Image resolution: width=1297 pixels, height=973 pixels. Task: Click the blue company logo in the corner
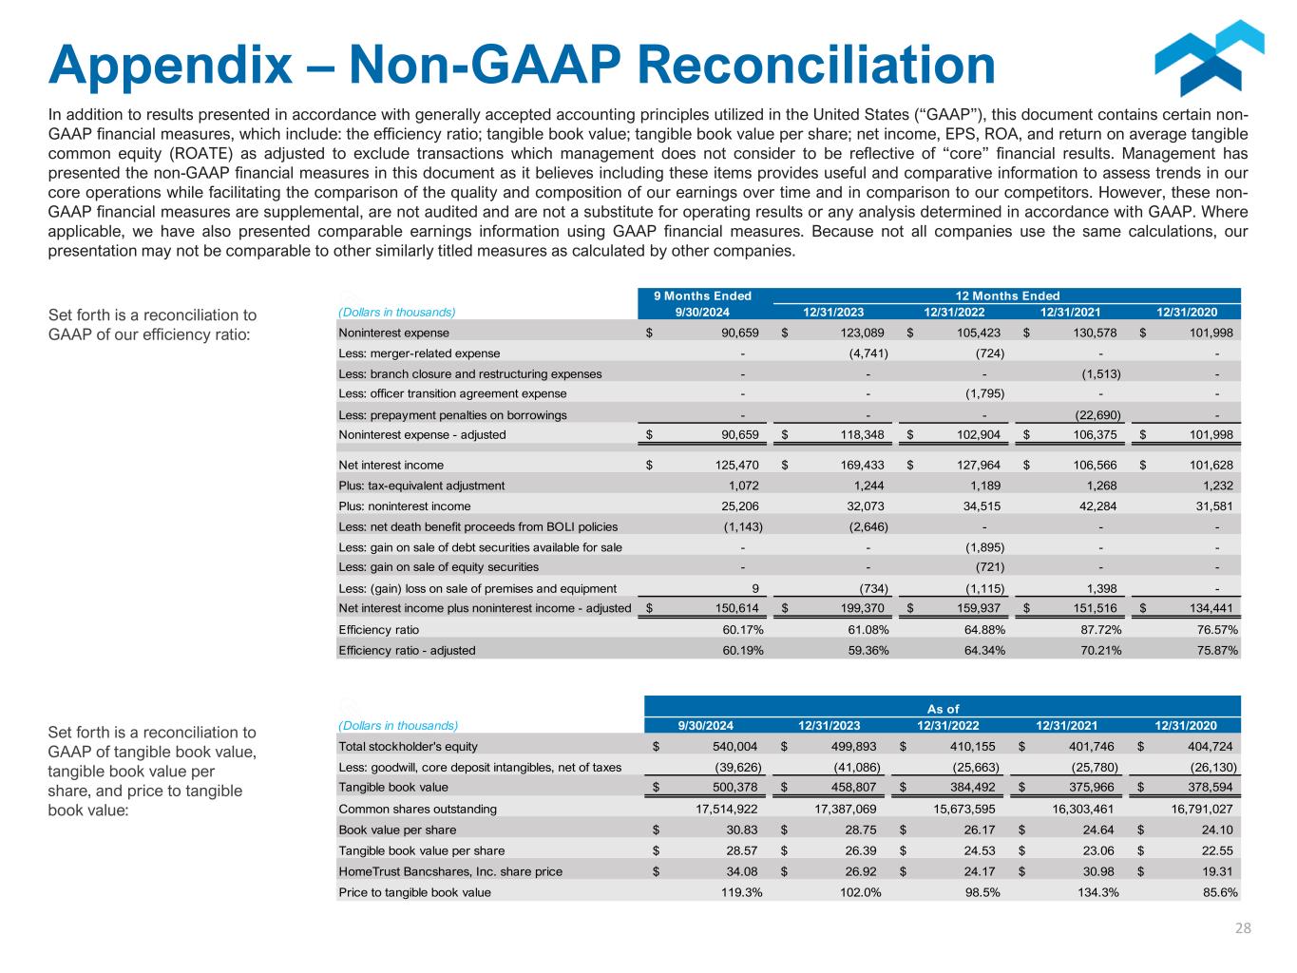[1209, 59]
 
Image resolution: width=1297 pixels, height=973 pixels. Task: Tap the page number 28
[1243, 928]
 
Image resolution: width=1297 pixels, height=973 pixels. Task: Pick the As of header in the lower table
[943, 708]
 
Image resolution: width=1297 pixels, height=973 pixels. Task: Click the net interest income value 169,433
[860, 465]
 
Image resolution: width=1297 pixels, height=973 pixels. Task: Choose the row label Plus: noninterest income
[405, 506]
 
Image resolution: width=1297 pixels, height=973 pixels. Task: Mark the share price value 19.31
[1218, 871]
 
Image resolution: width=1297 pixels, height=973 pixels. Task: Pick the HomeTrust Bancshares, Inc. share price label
[450, 871]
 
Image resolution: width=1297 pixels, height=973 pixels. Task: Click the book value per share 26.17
[979, 830]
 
